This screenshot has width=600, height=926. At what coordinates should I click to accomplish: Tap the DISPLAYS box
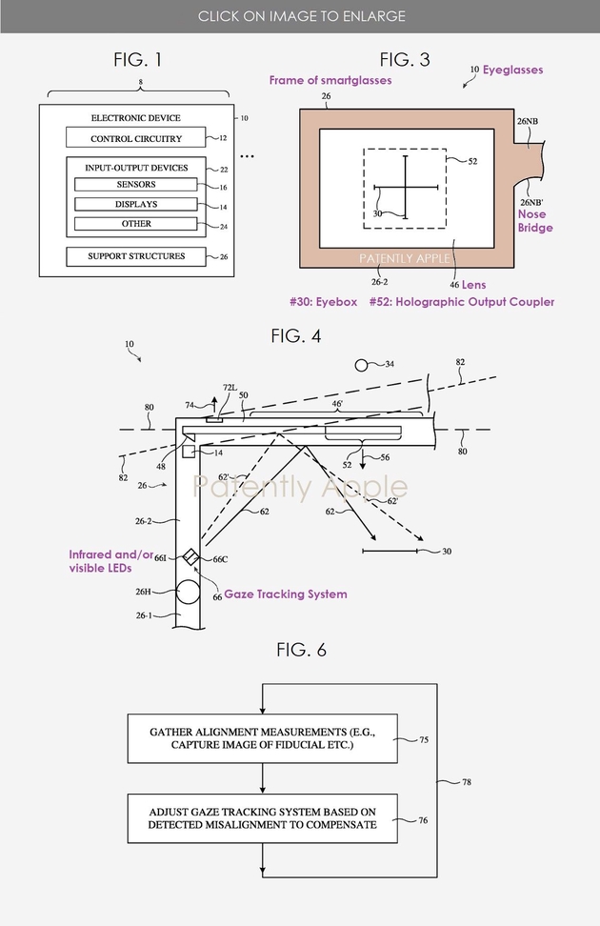[136, 204]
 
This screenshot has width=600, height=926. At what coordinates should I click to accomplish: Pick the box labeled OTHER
[136, 224]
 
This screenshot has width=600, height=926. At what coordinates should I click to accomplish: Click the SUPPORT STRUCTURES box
[136, 256]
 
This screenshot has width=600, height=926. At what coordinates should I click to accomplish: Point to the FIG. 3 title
[405, 60]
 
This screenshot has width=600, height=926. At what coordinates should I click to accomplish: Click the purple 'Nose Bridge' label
[536, 222]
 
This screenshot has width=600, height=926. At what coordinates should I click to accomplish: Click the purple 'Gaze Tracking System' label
[286, 594]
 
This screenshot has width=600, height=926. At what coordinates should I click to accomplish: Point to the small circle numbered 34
[362, 365]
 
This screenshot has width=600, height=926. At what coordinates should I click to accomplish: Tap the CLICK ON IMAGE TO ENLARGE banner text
[301, 16]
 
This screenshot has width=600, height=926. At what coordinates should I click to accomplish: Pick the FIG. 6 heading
[301, 650]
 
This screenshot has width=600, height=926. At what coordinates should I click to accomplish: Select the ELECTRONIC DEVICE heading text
[136, 118]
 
